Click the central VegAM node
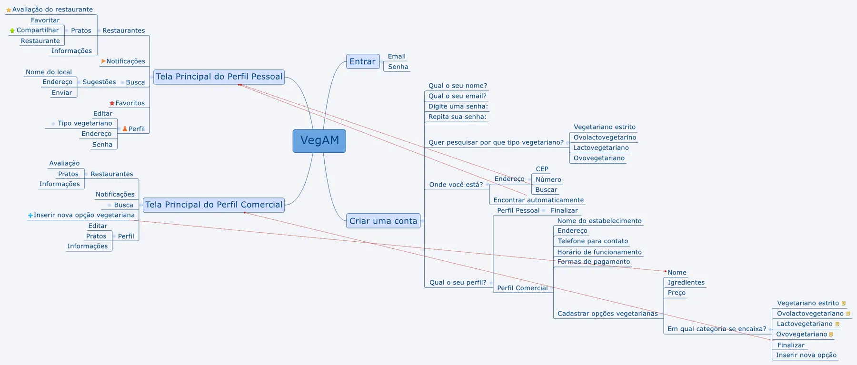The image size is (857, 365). tap(319, 141)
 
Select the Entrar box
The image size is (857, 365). tap(363, 61)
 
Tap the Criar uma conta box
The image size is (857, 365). tap(383, 221)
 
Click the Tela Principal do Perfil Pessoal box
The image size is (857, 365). tap(219, 77)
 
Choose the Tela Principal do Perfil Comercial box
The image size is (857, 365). tap(214, 205)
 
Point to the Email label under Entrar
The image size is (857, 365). tap(397, 56)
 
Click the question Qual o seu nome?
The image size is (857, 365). tap(458, 86)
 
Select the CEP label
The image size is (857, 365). tap(542, 169)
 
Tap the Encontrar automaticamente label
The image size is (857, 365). tap(538, 200)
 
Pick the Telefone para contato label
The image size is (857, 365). tap(593, 241)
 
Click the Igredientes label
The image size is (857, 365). tap(686, 283)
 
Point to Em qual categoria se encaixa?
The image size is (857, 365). tap(717, 329)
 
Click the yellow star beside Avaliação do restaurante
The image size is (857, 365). tap(9, 10)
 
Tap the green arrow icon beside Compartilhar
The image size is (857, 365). tap(12, 30)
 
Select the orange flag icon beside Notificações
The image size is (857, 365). tap(103, 61)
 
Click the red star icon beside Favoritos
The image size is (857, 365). tap(112, 103)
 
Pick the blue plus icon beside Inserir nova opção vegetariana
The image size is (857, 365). tap(30, 216)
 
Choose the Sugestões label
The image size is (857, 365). tap(99, 82)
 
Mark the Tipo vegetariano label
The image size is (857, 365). tap(85, 123)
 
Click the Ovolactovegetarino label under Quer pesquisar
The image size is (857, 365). tap(605, 138)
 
